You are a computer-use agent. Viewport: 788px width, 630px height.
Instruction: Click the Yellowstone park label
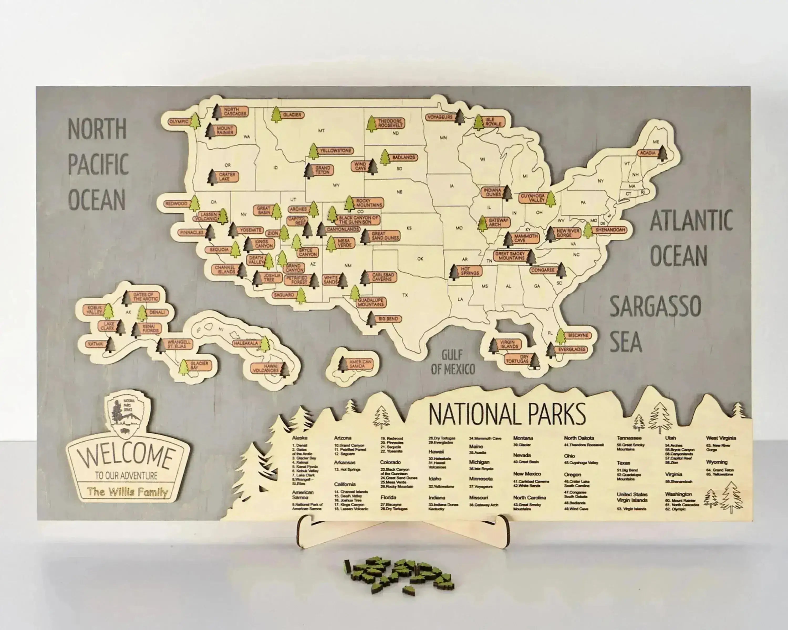[335, 150]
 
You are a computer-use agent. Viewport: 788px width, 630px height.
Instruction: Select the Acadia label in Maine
[648, 153]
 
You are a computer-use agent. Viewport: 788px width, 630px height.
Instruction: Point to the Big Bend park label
[388, 319]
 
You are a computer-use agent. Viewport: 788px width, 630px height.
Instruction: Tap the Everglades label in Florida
[572, 349]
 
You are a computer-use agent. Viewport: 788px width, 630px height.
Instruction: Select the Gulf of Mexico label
[453, 362]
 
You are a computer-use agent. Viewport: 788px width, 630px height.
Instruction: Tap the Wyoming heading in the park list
[717, 462]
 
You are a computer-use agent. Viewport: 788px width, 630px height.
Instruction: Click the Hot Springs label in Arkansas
[470, 271]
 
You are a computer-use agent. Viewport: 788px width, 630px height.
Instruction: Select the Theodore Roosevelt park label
[390, 123]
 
